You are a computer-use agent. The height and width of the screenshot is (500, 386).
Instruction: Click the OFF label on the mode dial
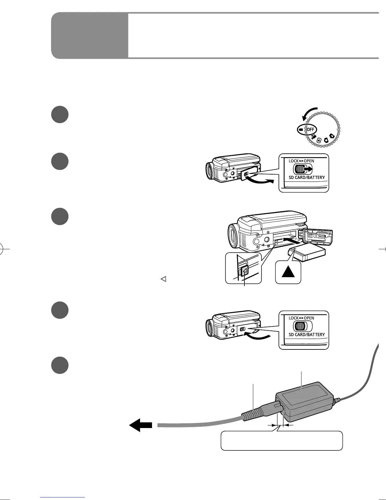311,130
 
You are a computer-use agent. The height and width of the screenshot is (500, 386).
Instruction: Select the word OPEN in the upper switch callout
309,161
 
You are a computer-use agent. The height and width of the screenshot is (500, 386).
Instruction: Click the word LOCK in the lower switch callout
294,318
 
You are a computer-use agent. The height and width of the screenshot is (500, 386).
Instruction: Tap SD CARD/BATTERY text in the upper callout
307,177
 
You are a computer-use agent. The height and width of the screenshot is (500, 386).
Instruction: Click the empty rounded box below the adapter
281,441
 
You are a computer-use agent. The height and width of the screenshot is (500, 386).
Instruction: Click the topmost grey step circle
60,114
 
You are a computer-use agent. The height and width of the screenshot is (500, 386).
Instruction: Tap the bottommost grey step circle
60,365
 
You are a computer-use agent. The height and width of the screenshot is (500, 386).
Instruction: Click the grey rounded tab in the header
90,36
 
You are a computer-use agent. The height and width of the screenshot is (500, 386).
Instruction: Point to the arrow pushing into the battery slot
292,241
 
